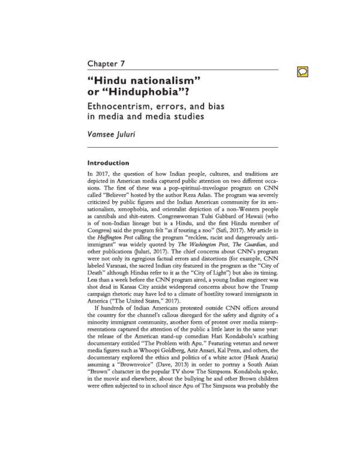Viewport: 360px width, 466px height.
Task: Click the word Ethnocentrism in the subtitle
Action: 127,107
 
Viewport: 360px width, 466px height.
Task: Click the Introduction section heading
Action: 108,162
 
